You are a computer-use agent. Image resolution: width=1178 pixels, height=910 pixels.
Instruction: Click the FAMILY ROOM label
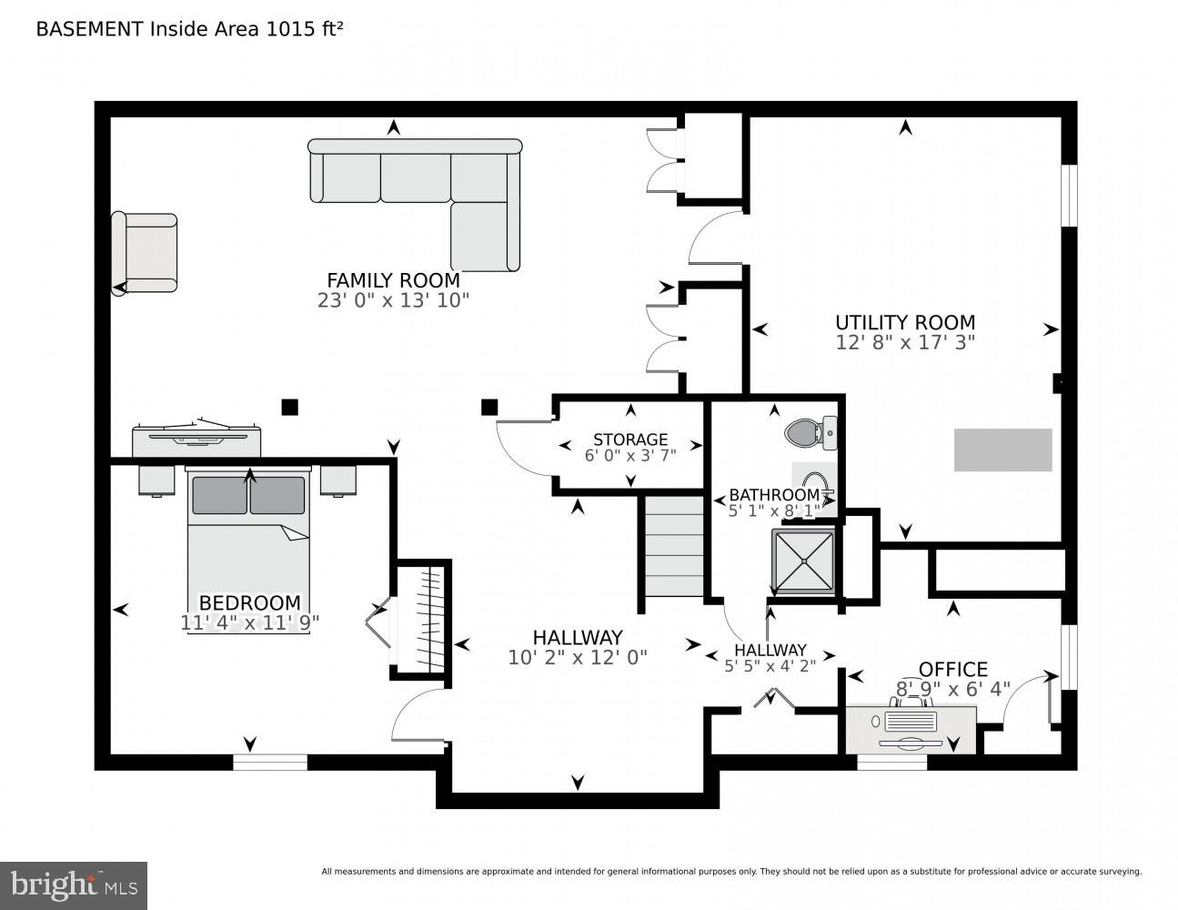point(393,280)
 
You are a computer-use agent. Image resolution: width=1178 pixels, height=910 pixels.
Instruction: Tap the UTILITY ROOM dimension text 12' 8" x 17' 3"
point(904,343)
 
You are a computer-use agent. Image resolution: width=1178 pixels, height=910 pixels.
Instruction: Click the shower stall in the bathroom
point(803,561)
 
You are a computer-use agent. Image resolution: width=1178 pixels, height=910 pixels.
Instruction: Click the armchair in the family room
point(145,253)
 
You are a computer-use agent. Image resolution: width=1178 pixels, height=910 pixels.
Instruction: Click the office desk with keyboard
point(911,729)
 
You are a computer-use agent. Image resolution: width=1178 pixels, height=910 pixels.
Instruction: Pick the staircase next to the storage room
point(674,545)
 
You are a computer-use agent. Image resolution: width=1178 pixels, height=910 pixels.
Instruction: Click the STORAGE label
point(630,440)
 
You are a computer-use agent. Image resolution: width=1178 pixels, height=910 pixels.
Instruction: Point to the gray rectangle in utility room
point(1002,450)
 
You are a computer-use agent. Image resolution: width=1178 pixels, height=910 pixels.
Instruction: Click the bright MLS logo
point(74,885)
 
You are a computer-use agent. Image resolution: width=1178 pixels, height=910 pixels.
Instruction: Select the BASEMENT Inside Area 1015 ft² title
point(189,29)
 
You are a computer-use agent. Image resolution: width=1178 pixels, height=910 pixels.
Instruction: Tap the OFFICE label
point(952,670)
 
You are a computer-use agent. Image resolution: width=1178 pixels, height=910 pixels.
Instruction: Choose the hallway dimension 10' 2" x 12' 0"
point(578,658)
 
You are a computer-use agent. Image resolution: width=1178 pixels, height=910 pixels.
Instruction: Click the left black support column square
point(289,407)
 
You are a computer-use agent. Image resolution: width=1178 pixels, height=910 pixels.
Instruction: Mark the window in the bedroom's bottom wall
point(270,763)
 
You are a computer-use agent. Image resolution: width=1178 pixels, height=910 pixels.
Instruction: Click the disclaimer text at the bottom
point(730,872)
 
